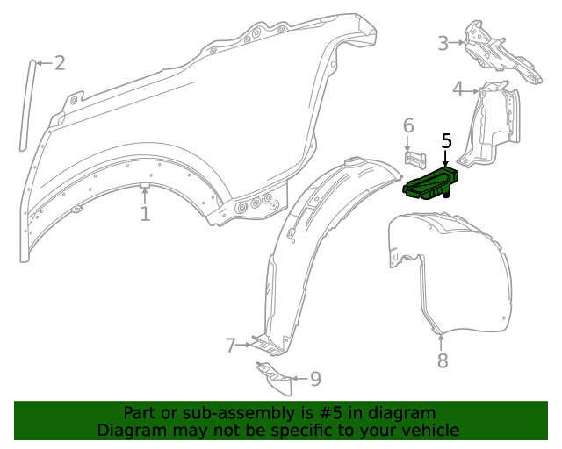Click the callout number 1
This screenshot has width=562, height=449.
point(145,214)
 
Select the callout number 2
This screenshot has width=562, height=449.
point(60,63)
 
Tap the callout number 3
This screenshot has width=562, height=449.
point(443,43)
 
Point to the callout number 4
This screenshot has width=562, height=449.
point(458,89)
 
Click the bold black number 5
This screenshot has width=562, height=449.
point(446,141)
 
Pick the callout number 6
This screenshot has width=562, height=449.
point(408,125)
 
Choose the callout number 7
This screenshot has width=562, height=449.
point(230,346)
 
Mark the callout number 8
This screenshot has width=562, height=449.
point(443,360)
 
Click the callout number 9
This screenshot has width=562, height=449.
point(315,379)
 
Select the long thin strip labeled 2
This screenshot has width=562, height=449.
point(27,105)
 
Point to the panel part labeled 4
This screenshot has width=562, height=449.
point(489,124)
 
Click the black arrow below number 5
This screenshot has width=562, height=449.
point(445,158)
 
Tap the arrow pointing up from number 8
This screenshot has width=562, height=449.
point(441,342)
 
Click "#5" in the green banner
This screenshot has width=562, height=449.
point(331,413)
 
